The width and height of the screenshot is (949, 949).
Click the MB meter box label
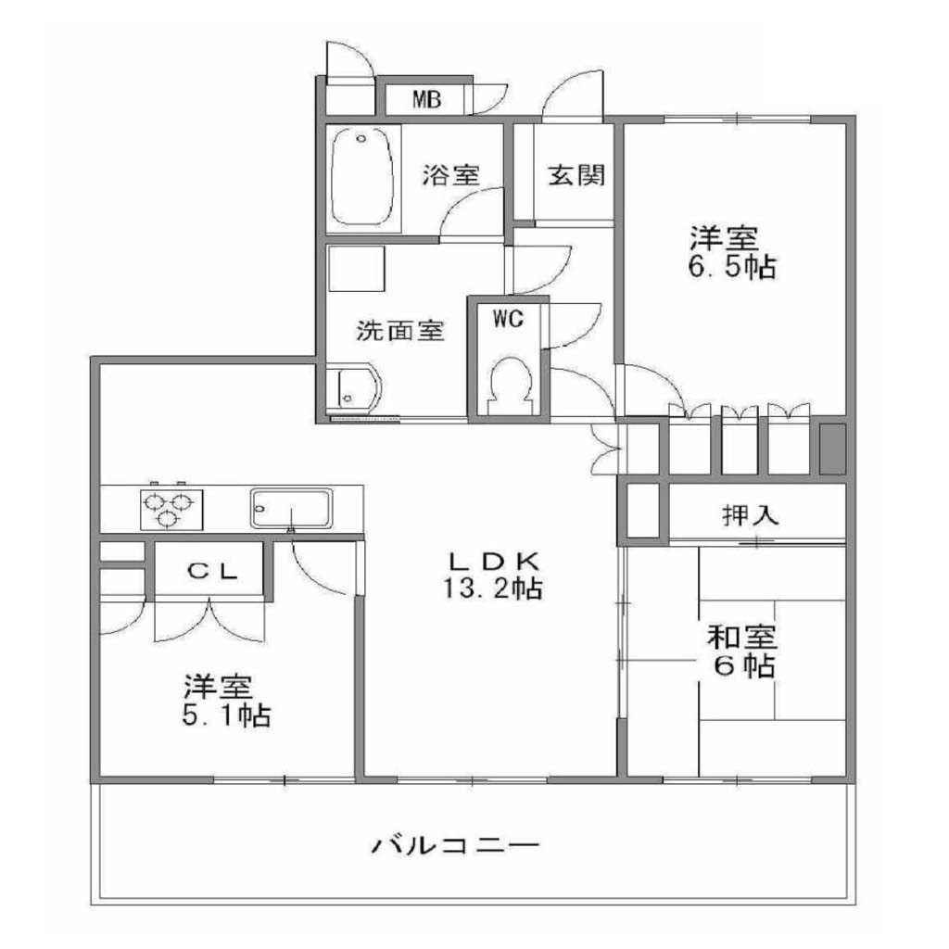(x=427, y=98)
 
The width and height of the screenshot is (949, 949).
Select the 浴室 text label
(x=451, y=175)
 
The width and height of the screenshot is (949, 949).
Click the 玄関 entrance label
(x=576, y=175)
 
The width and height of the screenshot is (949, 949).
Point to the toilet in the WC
(x=511, y=384)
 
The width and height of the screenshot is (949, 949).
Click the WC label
(x=508, y=318)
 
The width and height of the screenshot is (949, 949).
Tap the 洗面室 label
(x=400, y=331)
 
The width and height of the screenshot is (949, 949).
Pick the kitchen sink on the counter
(x=292, y=508)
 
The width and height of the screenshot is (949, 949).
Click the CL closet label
(x=212, y=571)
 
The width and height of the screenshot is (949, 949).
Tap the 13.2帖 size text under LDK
(x=493, y=588)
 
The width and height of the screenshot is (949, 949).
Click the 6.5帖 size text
(x=732, y=267)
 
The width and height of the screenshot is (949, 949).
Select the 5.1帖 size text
(x=226, y=716)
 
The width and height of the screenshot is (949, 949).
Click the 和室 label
(x=742, y=638)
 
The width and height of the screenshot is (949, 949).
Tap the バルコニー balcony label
(x=454, y=844)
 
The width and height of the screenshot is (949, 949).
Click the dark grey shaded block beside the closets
(x=832, y=449)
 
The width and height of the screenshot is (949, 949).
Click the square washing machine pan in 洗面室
(x=357, y=269)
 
